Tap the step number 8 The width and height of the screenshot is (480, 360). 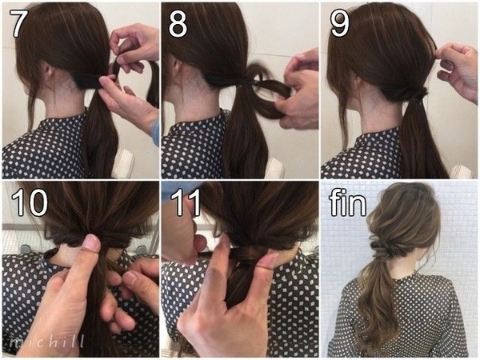pyautogui.click(x=178, y=23)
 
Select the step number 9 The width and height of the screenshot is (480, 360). pyautogui.click(x=339, y=23)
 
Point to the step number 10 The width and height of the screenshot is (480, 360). pyautogui.click(x=30, y=202)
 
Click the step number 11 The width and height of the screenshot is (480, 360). pyautogui.click(x=186, y=202)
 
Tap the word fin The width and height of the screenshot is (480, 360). pyautogui.click(x=348, y=202)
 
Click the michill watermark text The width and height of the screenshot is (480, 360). pyautogui.click(x=46, y=341)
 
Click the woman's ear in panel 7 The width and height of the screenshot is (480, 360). pyautogui.click(x=47, y=72)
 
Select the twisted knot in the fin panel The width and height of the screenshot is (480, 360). pyautogui.click(x=387, y=247)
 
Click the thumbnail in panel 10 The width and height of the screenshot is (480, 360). pyautogui.click(x=92, y=242)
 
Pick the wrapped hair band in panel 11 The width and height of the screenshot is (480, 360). pyautogui.click(x=249, y=253)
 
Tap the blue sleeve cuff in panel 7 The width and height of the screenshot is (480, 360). pyautogui.click(x=155, y=132)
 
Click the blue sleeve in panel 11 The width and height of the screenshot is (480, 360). pyautogui.click(x=178, y=189)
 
